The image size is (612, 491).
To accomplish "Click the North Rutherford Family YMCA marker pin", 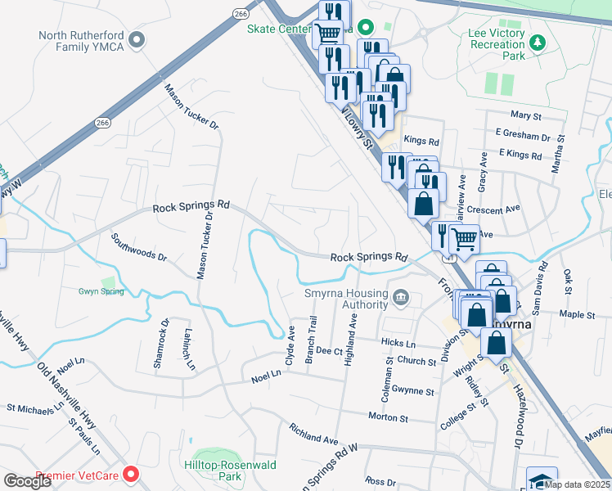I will [x=137, y=38].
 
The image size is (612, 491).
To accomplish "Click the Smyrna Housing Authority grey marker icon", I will [x=400, y=295].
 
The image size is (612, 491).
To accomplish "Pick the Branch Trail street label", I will [x=311, y=343].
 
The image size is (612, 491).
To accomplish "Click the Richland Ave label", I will [x=314, y=434].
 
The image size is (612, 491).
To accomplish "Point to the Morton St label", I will [x=388, y=417].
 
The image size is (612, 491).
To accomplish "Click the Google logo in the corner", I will [x=27, y=481].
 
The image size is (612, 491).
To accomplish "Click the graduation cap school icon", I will [x=541, y=479].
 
